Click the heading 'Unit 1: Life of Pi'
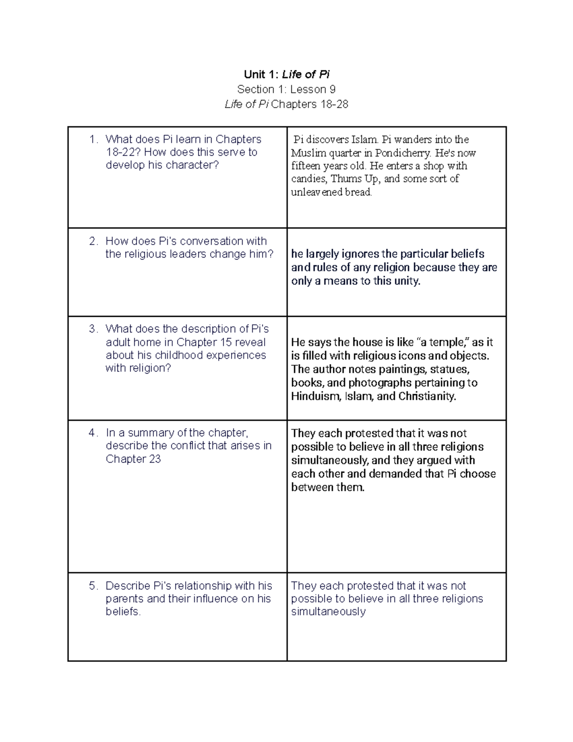(x=286, y=74)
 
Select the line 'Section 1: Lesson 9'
(x=286, y=89)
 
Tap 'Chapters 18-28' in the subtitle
(x=309, y=104)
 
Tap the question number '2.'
(x=94, y=241)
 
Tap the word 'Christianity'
(x=427, y=396)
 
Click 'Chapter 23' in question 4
(x=133, y=459)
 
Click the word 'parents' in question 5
(x=125, y=599)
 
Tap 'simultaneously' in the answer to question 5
(x=329, y=612)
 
